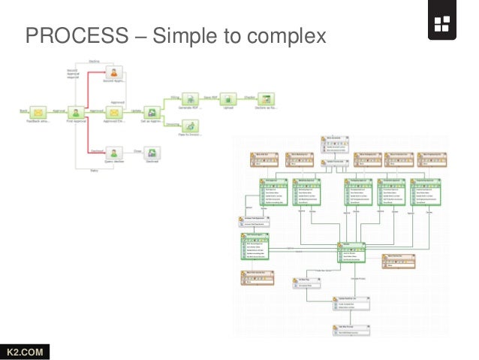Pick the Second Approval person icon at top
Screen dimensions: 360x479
click(115, 73)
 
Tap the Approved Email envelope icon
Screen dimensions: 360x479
click(115, 111)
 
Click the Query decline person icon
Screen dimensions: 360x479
click(115, 151)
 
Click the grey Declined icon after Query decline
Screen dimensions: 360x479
click(152, 151)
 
